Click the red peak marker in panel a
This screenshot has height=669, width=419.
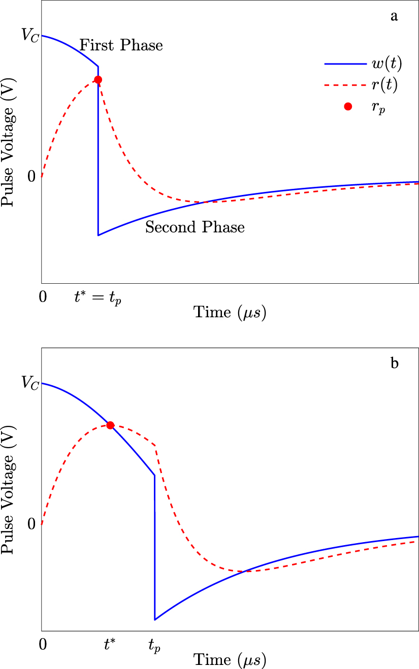coord(98,80)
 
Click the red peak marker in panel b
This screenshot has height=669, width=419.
coord(110,425)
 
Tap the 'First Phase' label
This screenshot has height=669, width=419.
coord(121,45)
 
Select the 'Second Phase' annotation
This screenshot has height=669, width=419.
coord(195,227)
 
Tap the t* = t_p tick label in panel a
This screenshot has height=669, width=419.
coord(99,298)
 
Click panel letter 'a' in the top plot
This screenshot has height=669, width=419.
coord(394,16)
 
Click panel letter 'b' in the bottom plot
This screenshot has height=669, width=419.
coord(394,363)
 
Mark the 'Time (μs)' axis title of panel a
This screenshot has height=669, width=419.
coord(230,313)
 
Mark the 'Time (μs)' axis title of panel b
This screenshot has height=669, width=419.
coord(230,660)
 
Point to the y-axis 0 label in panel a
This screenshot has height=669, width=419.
coord(31,177)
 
